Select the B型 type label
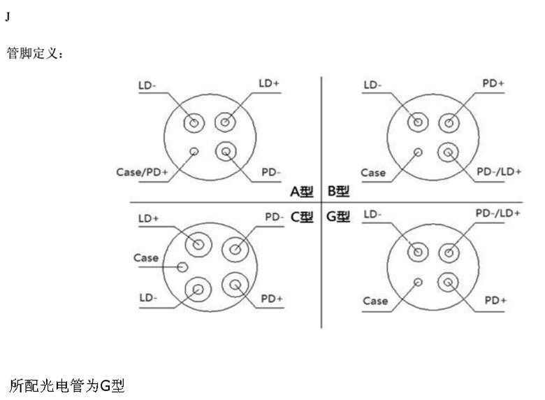coord(339,190)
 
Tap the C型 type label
coord(303,216)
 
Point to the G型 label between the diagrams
coord(338,216)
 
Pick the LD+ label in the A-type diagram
coord(269,83)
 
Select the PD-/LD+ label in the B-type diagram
coord(499,172)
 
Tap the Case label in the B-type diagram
coord(373,173)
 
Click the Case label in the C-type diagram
coord(146,258)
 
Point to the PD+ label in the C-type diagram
coord(272,299)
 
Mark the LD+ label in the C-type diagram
coord(148,218)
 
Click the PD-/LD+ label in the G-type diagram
coord(497,213)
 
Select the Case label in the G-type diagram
coord(375,301)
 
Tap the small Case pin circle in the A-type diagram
coord(194,151)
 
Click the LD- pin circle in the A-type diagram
coord(194,123)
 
